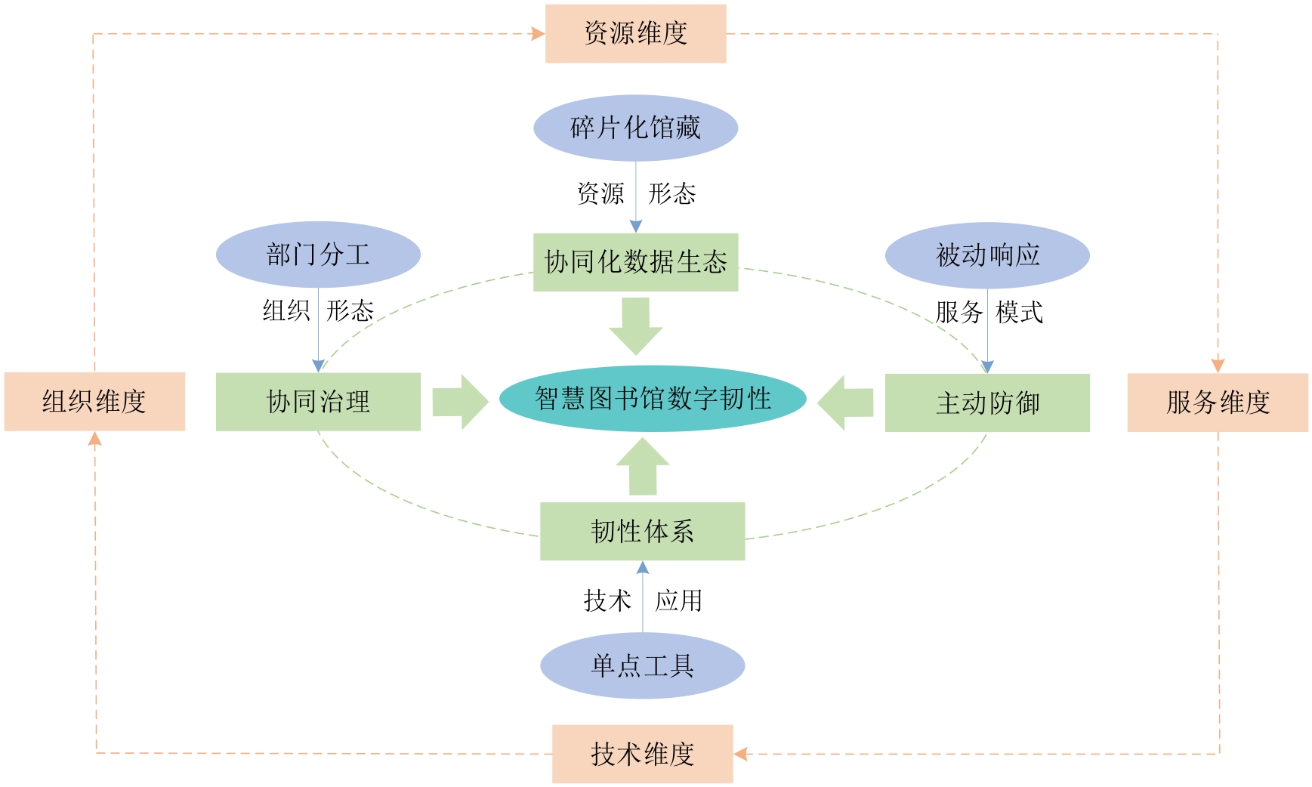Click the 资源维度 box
coord(635,34)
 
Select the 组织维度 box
coord(94,401)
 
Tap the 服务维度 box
coord(1217,403)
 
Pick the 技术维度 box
coord(642,754)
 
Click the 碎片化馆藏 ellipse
coord(635,128)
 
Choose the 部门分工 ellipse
coord(318,255)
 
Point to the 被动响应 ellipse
coord(987,255)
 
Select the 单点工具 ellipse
coord(642,665)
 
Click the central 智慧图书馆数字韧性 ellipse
coord(653,399)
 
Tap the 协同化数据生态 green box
coord(635,262)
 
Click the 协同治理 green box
coord(318,402)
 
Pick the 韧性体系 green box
coord(642,531)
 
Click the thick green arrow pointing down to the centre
coord(636,325)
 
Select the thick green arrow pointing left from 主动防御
coord(845,403)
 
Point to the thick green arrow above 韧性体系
coord(643,467)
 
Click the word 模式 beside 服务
coord(1019,312)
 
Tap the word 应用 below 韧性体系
coord(678,601)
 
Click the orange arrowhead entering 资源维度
coord(538,34)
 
